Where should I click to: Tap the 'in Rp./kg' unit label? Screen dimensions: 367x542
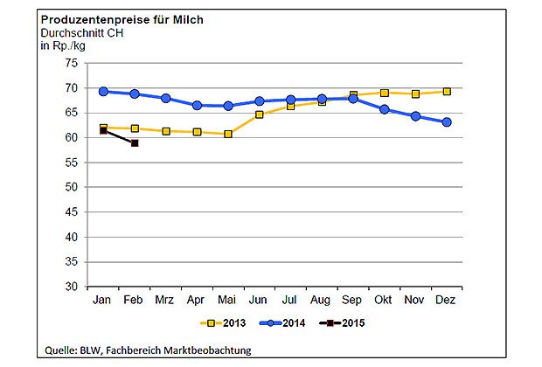pos(59,45)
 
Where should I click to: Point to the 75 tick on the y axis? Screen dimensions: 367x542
pos(73,64)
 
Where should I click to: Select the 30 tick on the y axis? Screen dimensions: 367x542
pos(73,287)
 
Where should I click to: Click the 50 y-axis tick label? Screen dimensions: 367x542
pos(73,187)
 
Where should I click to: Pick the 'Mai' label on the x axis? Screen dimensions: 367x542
pos(227,299)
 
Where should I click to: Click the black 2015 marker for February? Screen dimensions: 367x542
pos(135,142)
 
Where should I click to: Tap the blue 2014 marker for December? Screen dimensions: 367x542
pos(447,122)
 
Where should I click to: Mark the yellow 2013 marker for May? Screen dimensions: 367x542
pos(227,134)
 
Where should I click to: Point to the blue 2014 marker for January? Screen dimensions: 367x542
pos(103,91)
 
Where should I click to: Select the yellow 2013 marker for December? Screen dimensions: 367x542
pos(447,91)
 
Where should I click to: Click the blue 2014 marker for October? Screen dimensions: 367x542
pos(385,109)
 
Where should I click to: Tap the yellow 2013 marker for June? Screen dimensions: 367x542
pos(260,114)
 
